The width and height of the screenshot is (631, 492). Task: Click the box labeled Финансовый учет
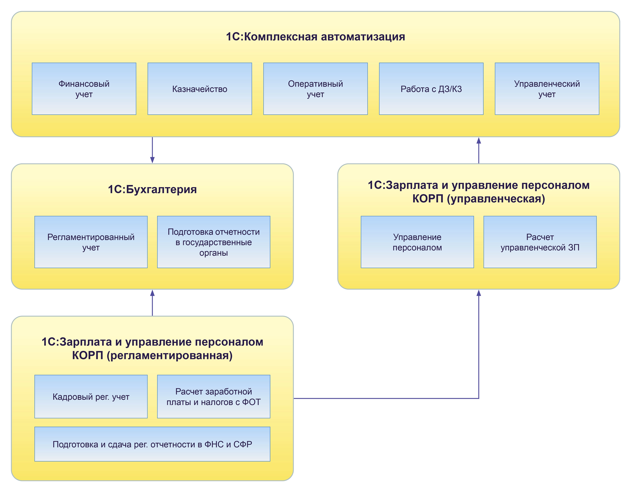84,89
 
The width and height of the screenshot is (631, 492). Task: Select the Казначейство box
200,89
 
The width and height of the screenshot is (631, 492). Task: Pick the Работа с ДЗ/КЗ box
431,89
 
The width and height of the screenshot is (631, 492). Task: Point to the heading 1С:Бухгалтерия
152,189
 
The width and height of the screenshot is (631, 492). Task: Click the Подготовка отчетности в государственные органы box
214,242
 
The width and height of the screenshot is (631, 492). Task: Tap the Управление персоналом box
417,242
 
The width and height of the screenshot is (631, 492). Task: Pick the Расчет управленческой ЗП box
540,242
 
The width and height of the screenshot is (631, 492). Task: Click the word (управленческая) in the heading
496,199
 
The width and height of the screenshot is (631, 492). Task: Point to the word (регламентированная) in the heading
170,355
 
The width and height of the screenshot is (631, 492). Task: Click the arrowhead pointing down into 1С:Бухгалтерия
152,160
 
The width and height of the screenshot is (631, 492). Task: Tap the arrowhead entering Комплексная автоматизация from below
479,141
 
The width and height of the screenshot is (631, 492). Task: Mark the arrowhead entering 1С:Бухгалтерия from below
152,293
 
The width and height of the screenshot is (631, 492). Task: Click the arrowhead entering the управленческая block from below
479,293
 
